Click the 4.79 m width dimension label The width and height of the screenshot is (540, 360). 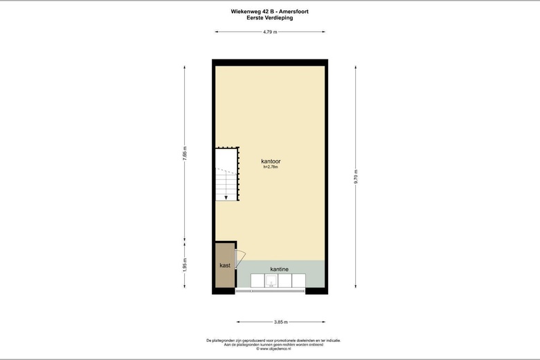pos(270,32)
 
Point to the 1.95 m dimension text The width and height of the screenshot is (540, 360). pos(184,266)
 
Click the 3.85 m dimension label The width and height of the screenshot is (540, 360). pos(270,322)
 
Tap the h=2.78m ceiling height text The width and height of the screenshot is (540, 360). pos(270,167)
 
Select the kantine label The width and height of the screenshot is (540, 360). pos(280,269)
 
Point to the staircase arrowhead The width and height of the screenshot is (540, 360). pos(225,197)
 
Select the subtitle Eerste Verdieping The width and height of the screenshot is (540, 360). pos(270,18)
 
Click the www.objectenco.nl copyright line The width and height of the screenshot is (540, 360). pos(270,349)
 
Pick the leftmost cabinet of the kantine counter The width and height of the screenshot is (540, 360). pos(256,280)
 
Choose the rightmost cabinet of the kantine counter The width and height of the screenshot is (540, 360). pos(298,280)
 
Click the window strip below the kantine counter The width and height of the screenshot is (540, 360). pos(270,291)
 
